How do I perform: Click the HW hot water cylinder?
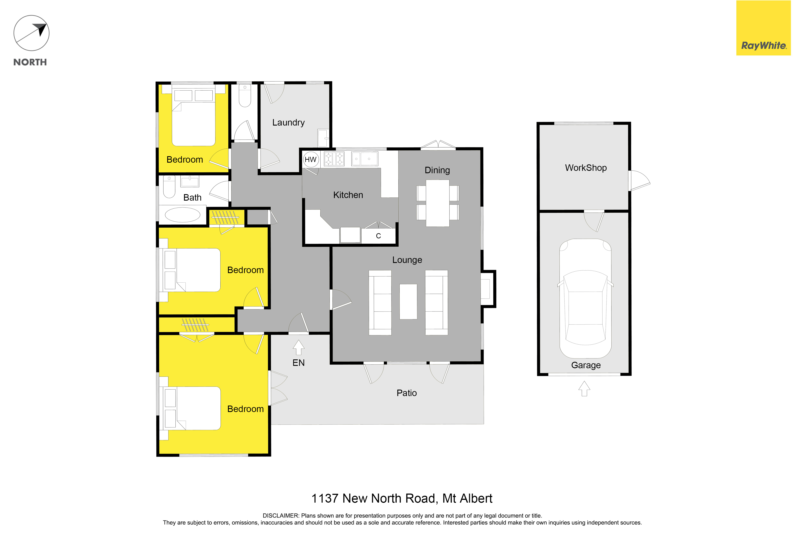(311, 160)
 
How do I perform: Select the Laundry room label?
(288, 123)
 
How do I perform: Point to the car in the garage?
(585, 299)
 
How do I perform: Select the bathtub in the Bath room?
(183, 215)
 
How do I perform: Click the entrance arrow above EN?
(298, 347)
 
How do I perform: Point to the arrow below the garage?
(584, 389)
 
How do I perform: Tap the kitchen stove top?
(334, 159)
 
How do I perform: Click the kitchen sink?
(365, 159)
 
